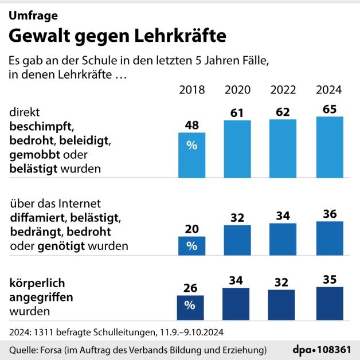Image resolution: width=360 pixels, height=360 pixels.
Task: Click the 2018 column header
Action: tap(191, 90)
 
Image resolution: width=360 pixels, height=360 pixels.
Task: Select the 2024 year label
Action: tap(329, 90)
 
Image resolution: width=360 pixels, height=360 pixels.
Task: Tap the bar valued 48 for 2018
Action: tap(191, 155)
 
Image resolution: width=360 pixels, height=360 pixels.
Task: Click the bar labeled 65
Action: tap(329, 147)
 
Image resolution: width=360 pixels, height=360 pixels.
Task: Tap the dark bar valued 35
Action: tap(329, 303)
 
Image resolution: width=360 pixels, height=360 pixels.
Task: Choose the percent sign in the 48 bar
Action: tap(191, 146)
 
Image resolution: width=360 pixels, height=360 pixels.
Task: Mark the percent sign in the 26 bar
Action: tap(191, 306)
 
